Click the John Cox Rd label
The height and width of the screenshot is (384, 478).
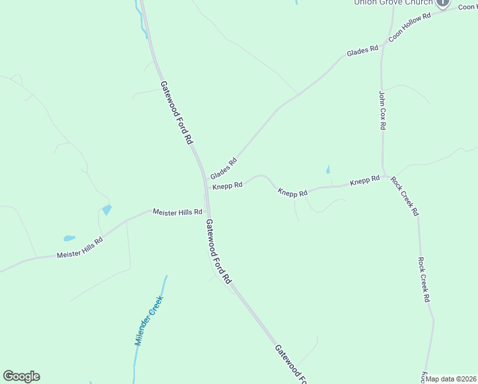click(x=382, y=111)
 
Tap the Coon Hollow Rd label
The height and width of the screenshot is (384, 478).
click(x=410, y=26)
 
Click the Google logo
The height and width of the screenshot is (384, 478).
click(x=21, y=376)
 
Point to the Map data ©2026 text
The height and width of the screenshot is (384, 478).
click(x=451, y=379)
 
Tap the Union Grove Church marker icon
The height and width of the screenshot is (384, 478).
click(x=443, y=3)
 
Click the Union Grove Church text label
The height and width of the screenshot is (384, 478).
click(x=394, y=3)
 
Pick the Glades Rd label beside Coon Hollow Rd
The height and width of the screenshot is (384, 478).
click(x=362, y=50)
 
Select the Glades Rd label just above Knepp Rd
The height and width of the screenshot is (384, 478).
click(x=224, y=168)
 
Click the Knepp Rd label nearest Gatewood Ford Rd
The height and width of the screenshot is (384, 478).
click(x=227, y=186)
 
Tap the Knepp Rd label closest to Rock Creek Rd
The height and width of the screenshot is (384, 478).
click(x=365, y=182)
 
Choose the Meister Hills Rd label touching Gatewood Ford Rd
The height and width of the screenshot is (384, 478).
click(x=178, y=212)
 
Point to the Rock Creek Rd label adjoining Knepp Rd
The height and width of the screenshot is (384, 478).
click(x=405, y=196)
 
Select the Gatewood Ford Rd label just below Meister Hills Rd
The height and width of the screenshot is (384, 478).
click(x=217, y=251)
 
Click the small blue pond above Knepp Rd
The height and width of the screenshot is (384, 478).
click(x=328, y=170)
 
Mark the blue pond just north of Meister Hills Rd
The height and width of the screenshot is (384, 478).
click(x=106, y=209)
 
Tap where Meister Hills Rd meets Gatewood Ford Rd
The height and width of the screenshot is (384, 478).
click(x=208, y=212)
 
